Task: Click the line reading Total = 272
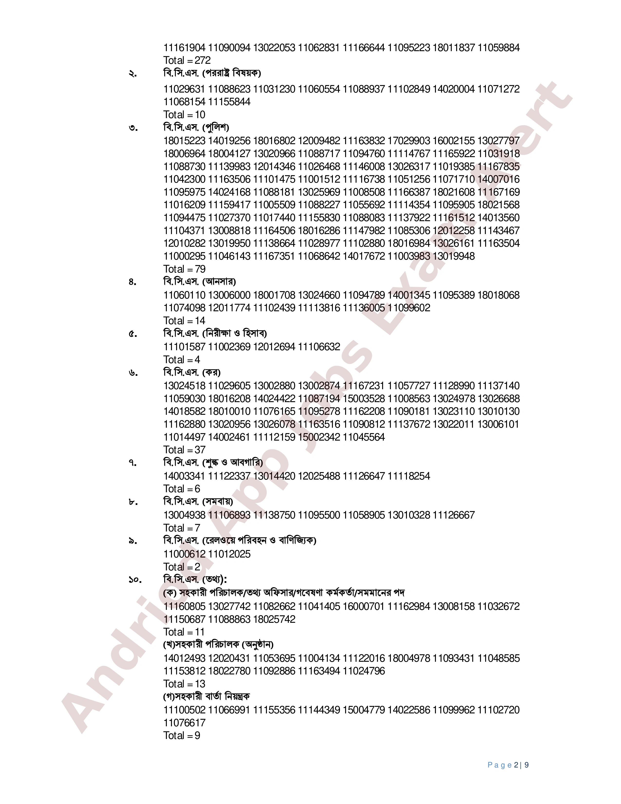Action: (187, 60)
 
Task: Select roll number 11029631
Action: (184, 89)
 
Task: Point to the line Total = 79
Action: (184, 269)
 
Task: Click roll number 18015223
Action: (184, 141)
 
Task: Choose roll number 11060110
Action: (184, 295)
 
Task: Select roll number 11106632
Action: (319, 347)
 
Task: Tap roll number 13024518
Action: (184, 386)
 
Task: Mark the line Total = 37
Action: (184, 450)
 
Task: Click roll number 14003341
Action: (184, 476)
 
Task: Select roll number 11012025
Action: (229, 554)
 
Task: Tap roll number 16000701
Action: (364, 606)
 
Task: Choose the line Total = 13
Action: (184, 684)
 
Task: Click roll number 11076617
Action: (184, 723)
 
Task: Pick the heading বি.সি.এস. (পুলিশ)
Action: (196, 127)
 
